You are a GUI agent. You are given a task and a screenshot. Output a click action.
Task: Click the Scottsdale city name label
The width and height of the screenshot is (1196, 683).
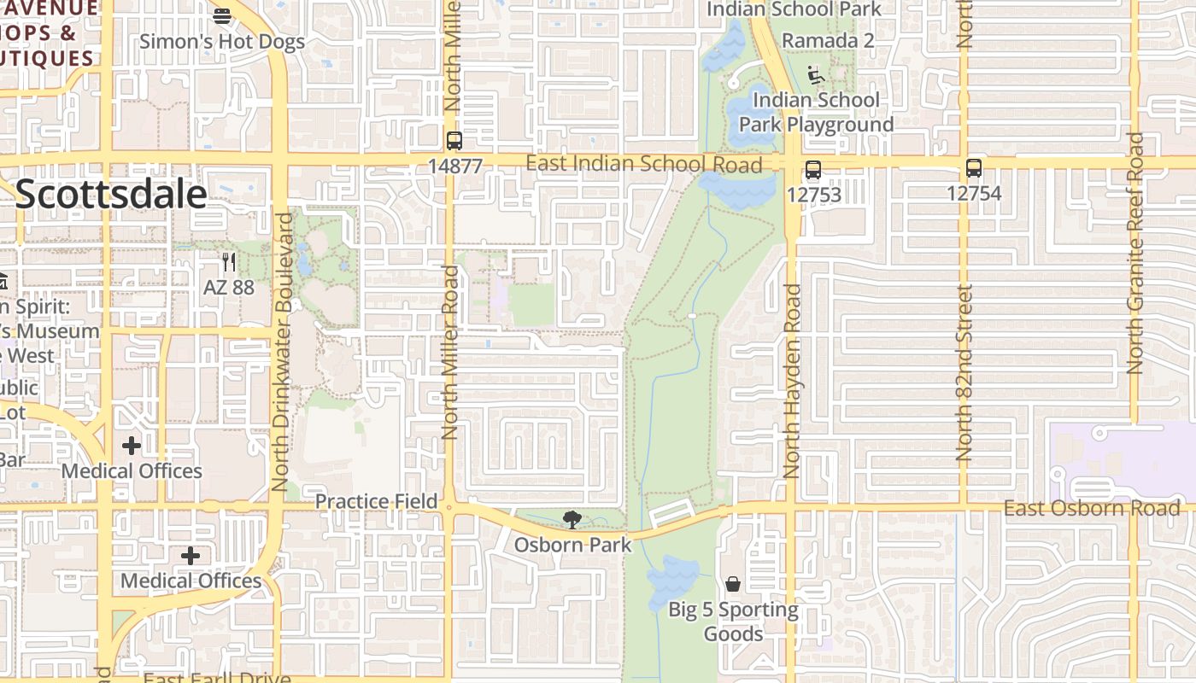pyautogui.click(x=111, y=195)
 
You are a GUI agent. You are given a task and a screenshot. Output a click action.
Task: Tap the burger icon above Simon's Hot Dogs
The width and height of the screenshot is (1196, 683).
pyautogui.click(x=222, y=15)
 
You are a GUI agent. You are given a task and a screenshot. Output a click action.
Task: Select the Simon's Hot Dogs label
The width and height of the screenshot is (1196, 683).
pyautogui.click(x=222, y=41)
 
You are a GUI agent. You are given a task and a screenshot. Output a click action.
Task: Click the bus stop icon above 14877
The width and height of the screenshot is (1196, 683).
pyautogui.click(x=454, y=141)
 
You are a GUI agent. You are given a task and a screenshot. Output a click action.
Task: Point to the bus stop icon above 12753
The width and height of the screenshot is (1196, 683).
pyautogui.click(x=813, y=170)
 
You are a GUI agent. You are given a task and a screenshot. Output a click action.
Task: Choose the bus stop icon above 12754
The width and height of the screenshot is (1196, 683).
pyautogui.click(x=973, y=168)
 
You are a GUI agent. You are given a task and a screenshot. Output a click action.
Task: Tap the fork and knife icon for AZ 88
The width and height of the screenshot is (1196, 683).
pyautogui.click(x=228, y=261)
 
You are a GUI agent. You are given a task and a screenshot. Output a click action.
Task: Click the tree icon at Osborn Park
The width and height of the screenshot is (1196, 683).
pyautogui.click(x=572, y=519)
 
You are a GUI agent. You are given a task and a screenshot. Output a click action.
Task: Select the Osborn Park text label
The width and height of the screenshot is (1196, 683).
pyautogui.click(x=572, y=545)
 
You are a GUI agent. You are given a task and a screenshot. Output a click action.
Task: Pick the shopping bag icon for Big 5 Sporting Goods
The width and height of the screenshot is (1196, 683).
pyautogui.click(x=733, y=584)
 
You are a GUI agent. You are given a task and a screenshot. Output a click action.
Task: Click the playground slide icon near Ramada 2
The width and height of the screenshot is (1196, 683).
pyautogui.click(x=816, y=77)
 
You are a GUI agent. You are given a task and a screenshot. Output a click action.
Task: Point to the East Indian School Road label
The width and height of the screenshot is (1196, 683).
pyautogui.click(x=644, y=164)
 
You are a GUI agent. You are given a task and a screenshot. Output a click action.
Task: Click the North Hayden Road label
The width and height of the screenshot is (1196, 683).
pyautogui.click(x=792, y=381)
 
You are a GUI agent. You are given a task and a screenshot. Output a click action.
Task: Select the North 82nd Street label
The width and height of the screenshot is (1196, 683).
pyautogui.click(x=964, y=373)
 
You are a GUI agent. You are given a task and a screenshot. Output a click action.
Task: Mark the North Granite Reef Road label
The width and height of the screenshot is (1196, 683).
pyautogui.click(x=1134, y=254)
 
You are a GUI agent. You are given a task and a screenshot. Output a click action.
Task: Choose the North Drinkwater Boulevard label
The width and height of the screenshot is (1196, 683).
pyautogui.click(x=283, y=352)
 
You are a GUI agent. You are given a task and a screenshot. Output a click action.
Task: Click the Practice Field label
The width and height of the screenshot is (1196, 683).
pyautogui.click(x=376, y=501)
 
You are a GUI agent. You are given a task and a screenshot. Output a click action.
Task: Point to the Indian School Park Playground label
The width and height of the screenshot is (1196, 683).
pyautogui.click(x=816, y=112)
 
